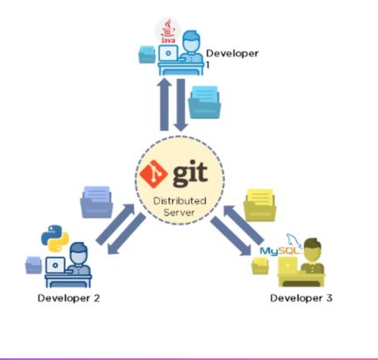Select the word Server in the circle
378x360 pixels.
click(x=180, y=213)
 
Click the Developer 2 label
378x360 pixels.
click(x=68, y=298)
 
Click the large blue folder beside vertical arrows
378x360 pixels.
click(x=205, y=102)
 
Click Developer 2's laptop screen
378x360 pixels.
click(x=55, y=264)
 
